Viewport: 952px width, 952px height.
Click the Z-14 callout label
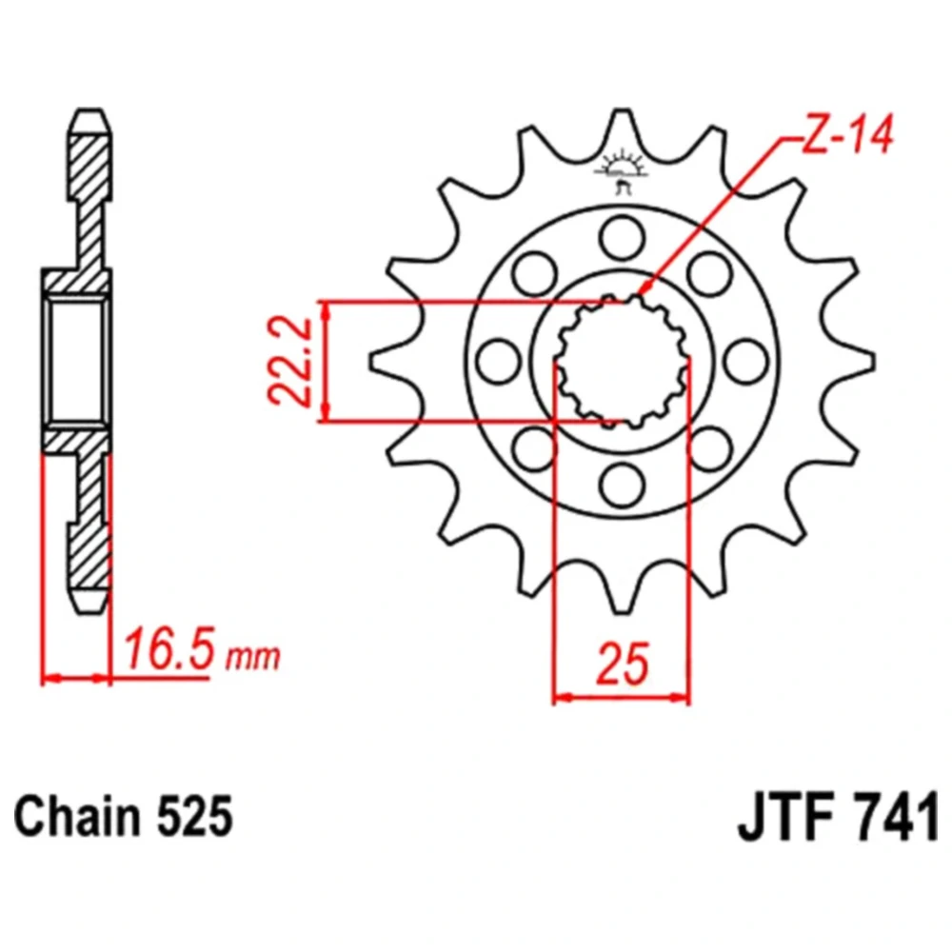[x=848, y=135]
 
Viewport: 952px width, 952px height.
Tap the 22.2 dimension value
[x=289, y=361]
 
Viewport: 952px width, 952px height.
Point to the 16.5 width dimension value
[x=169, y=649]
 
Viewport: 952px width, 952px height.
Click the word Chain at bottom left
[x=73, y=817]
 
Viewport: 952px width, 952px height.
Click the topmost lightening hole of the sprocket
[x=622, y=237]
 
